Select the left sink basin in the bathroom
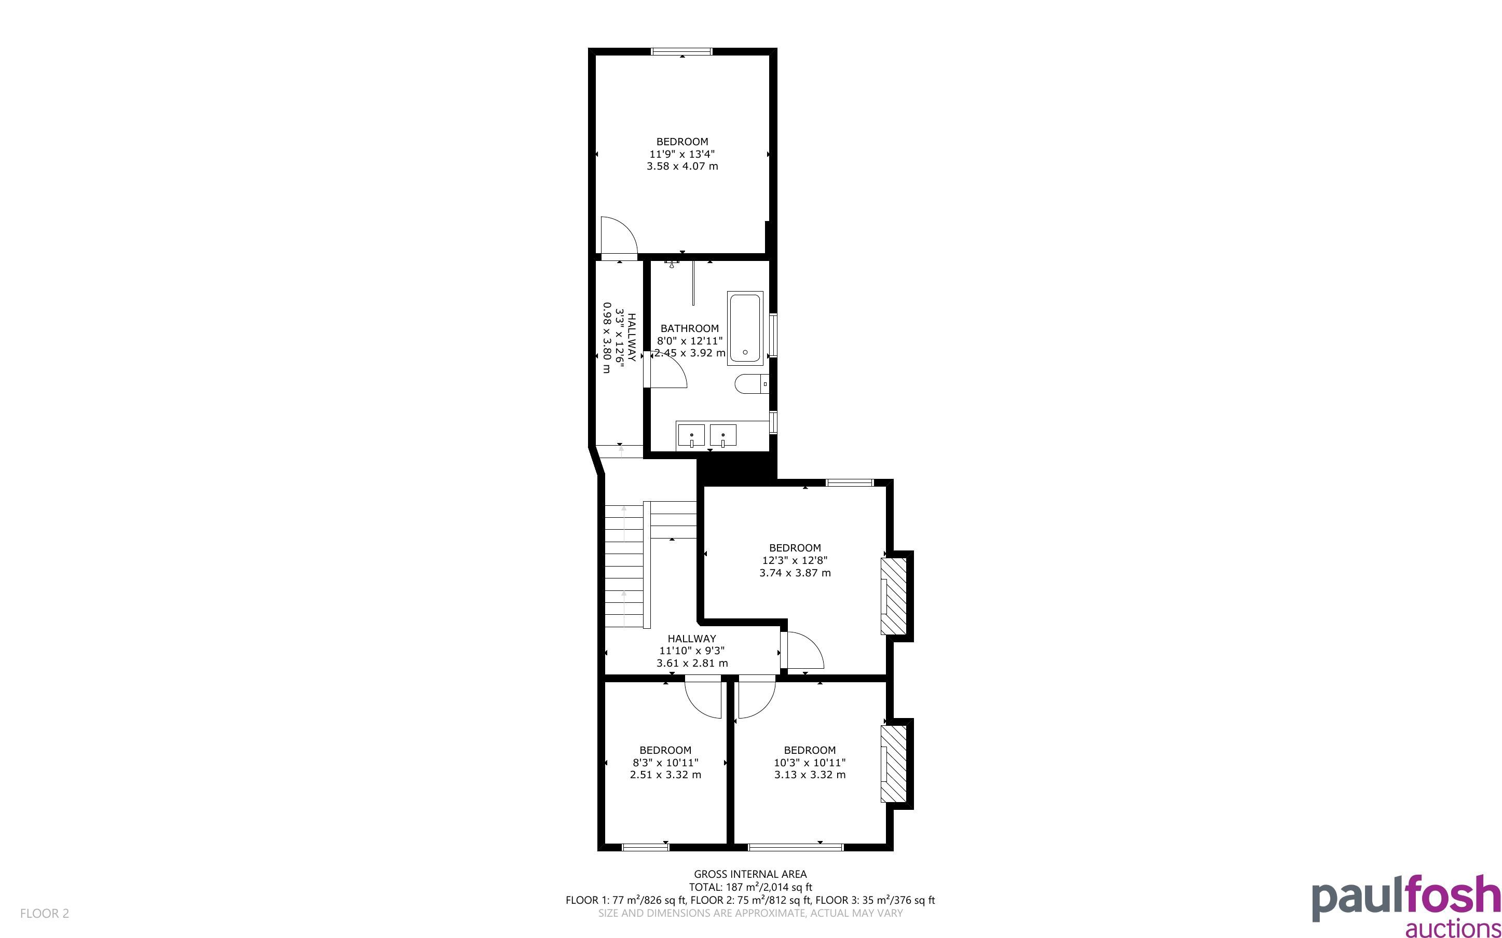[x=691, y=435]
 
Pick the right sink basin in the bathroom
[x=723, y=435]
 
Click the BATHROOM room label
[x=689, y=328]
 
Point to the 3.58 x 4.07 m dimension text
[x=682, y=166]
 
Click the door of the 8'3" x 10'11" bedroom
[x=703, y=698]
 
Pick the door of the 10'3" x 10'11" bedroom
[x=756, y=698]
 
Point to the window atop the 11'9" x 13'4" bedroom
[x=682, y=51]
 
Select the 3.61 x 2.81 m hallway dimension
[x=692, y=663]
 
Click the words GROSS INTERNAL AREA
[x=750, y=875]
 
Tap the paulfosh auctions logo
[x=1407, y=905]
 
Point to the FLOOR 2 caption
[x=45, y=913]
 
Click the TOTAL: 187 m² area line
[x=750, y=887]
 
